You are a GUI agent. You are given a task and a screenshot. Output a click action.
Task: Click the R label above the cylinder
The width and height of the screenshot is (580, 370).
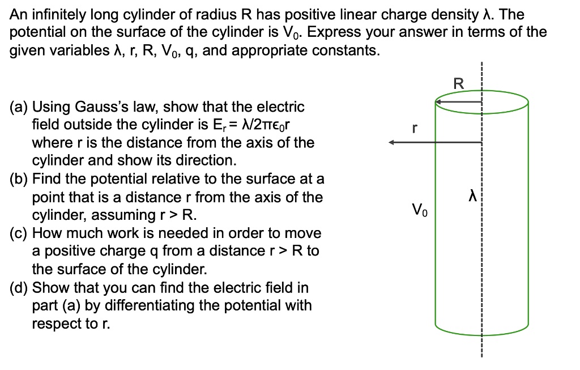[459, 84]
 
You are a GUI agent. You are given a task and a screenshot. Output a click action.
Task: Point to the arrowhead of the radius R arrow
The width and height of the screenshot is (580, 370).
[438, 103]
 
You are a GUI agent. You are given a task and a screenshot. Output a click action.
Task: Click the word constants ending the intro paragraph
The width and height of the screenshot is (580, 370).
[344, 50]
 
